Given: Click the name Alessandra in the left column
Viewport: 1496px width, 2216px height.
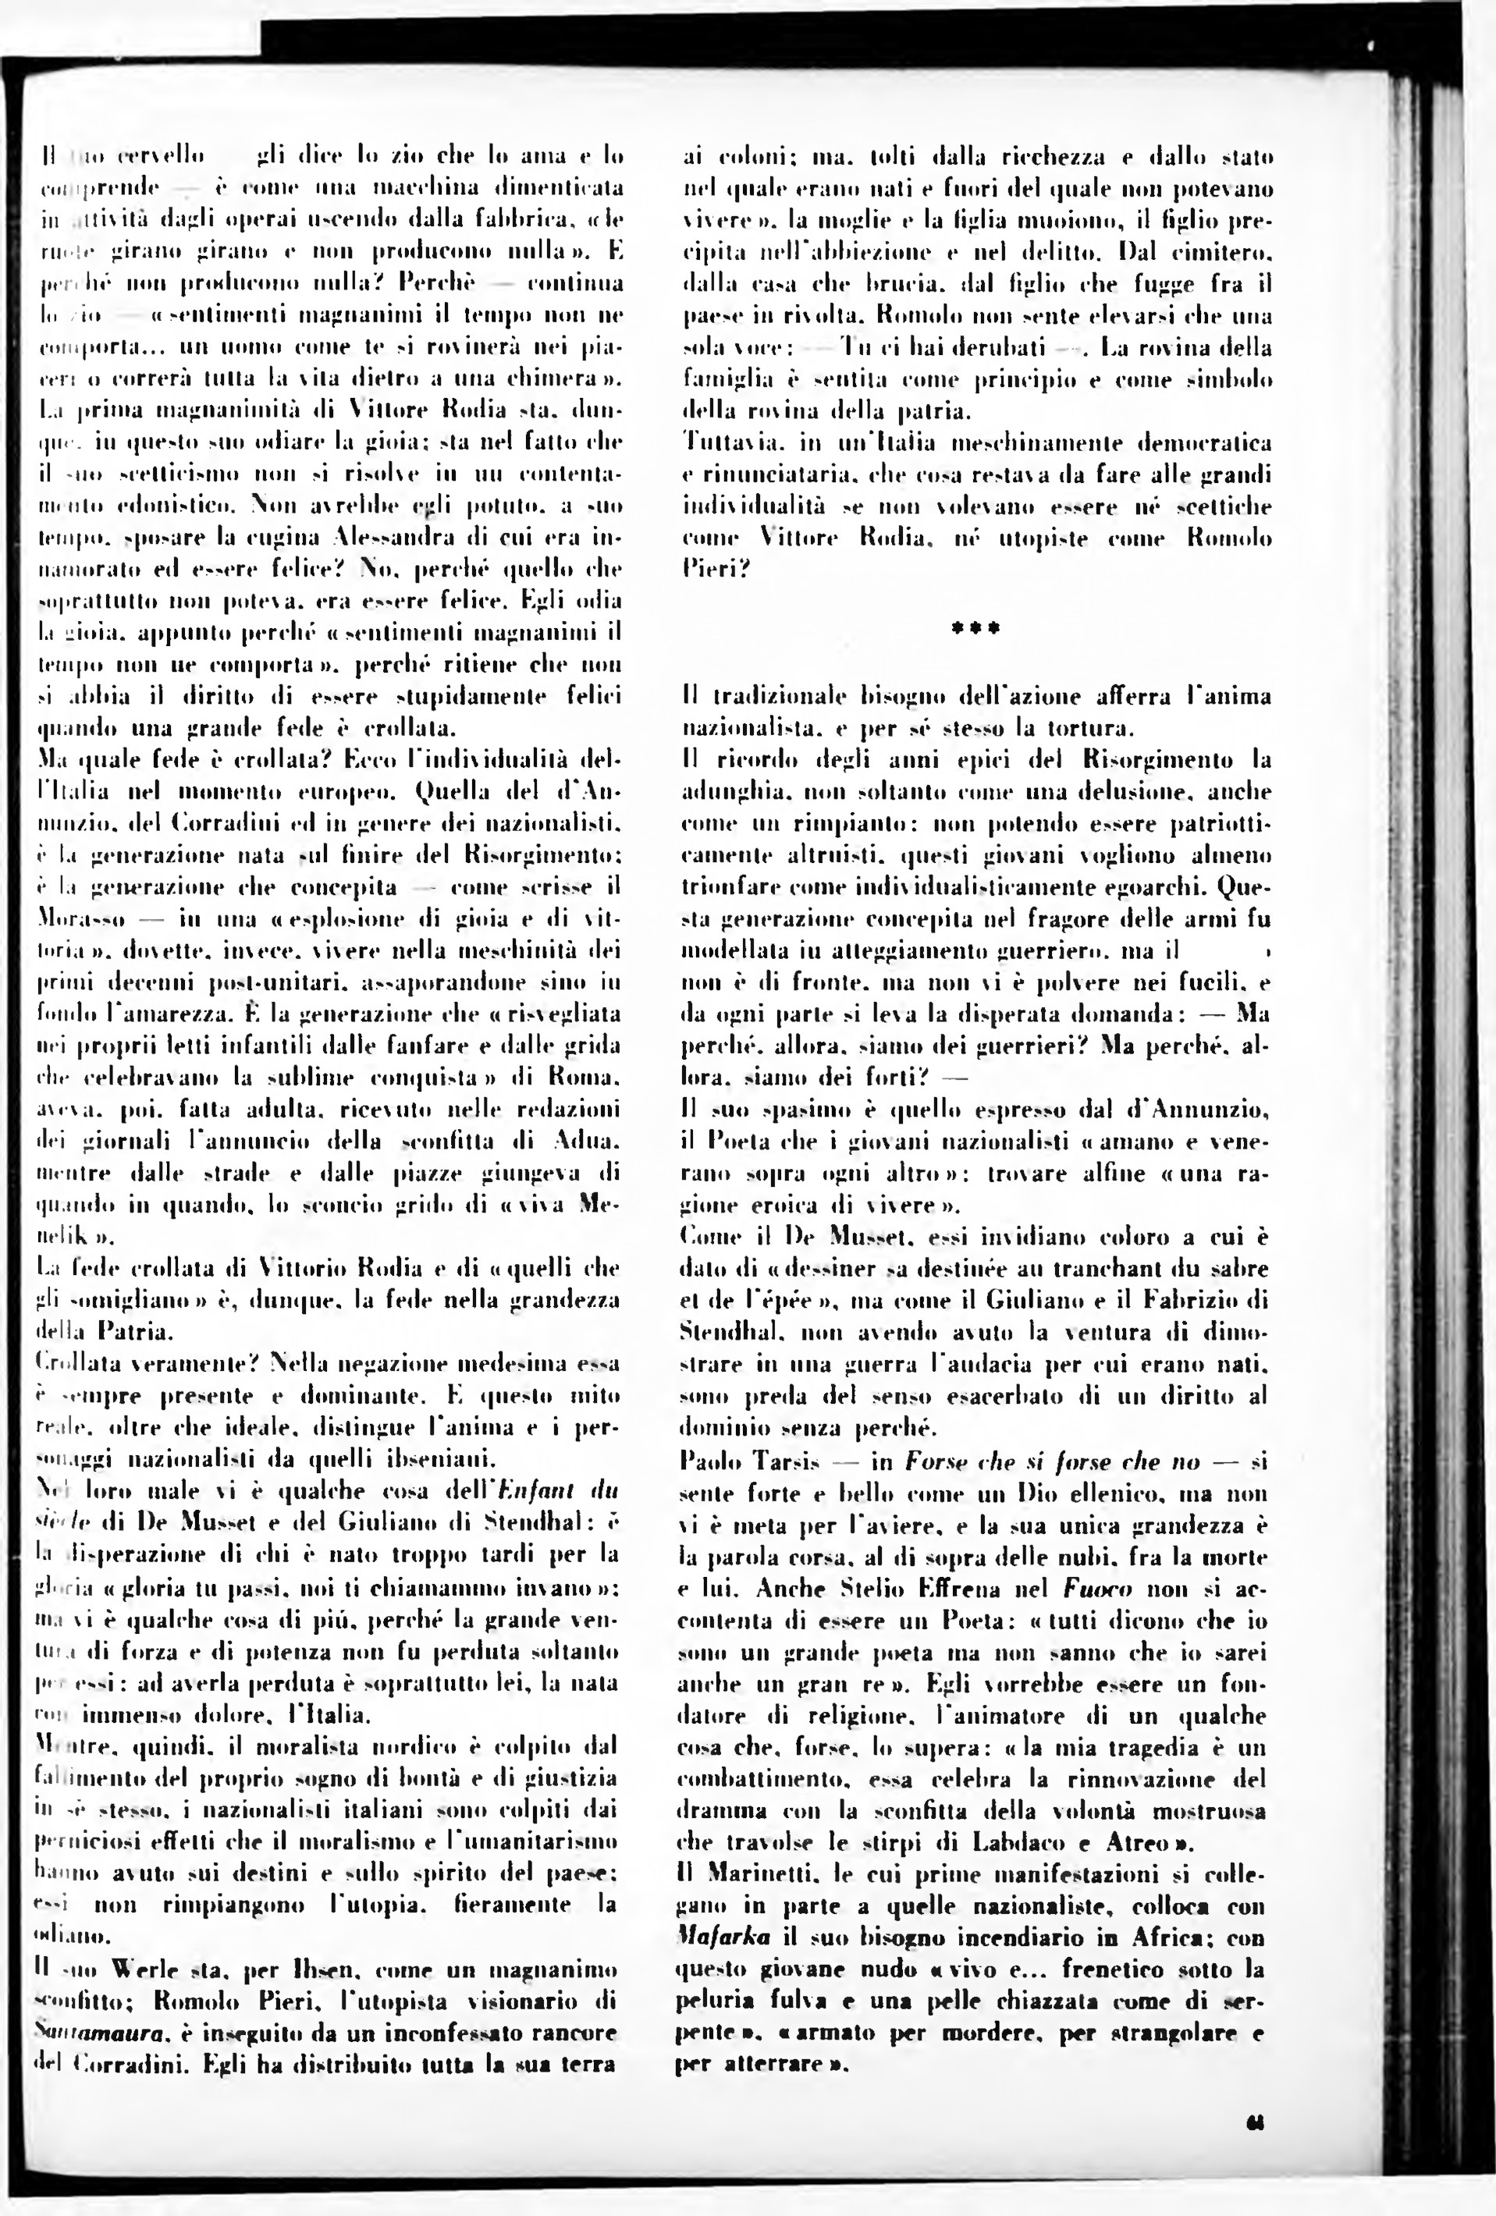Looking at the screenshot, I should coord(390,537).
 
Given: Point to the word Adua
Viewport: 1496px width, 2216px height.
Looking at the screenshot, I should coord(585,1141).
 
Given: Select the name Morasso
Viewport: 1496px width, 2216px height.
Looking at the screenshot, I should coord(81,919).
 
